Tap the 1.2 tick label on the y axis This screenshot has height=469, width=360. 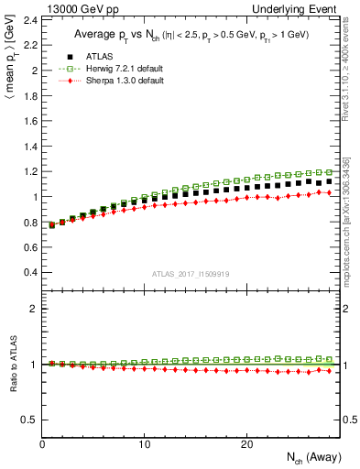[x=30, y=171]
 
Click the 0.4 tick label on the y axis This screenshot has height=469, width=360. [x=30, y=272]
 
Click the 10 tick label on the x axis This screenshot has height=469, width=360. [x=145, y=444]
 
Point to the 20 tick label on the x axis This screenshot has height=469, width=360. [x=246, y=444]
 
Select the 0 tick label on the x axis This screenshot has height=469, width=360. [x=43, y=444]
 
